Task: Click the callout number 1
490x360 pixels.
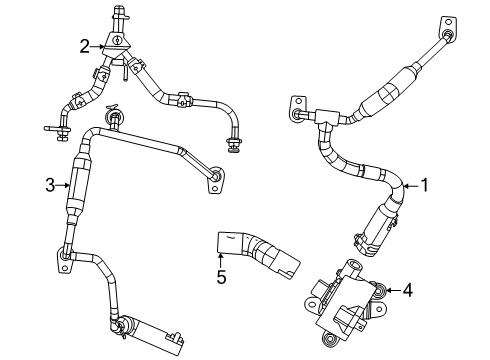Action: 424,184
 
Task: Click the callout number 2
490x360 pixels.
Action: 86,44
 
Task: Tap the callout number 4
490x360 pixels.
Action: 406,290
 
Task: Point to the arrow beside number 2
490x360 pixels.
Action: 102,44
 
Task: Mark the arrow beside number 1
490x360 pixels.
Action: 408,184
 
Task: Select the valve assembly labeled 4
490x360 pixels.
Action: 345,295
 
